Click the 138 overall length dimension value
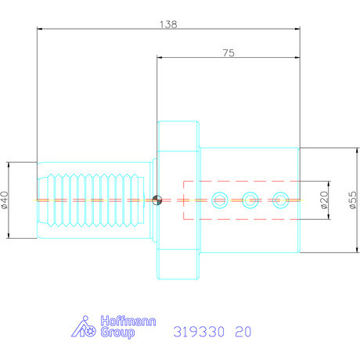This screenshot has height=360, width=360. click(167, 23)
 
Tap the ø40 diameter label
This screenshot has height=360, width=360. click(5, 200)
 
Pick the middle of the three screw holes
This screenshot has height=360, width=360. click(250, 200)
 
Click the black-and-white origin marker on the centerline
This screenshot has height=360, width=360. click(158, 200)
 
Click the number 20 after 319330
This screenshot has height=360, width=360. click(243, 331)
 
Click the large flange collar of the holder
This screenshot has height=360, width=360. click(178, 200)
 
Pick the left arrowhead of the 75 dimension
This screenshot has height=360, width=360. click(160, 58)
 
